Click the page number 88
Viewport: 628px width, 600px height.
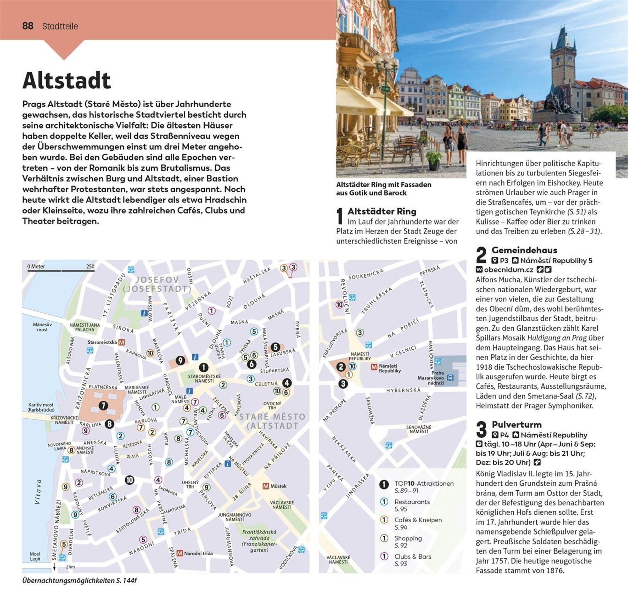click(28, 26)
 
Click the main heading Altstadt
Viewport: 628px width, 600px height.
click(67, 80)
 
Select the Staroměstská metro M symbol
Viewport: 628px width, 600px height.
click(121, 343)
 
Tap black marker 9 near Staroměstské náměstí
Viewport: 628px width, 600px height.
click(180, 361)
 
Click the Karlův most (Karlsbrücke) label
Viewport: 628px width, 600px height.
click(41, 407)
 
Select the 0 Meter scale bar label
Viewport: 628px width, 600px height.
click(36, 266)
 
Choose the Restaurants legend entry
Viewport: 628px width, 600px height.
click(412, 502)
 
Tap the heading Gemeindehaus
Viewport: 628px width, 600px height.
click(524, 250)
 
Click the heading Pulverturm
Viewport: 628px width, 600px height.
click(517, 425)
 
